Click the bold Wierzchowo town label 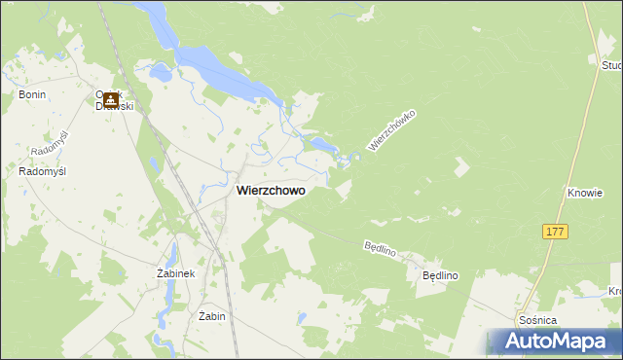pos(270,192)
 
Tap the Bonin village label pos(32,94)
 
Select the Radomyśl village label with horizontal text pos(42,171)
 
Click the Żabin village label pos(211,316)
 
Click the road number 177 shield pos(555,232)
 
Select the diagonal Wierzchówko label pos(391,129)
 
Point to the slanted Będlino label pos(380,249)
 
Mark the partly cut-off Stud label pos(611,65)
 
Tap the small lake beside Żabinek pos(171,255)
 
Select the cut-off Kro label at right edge pos(615,291)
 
